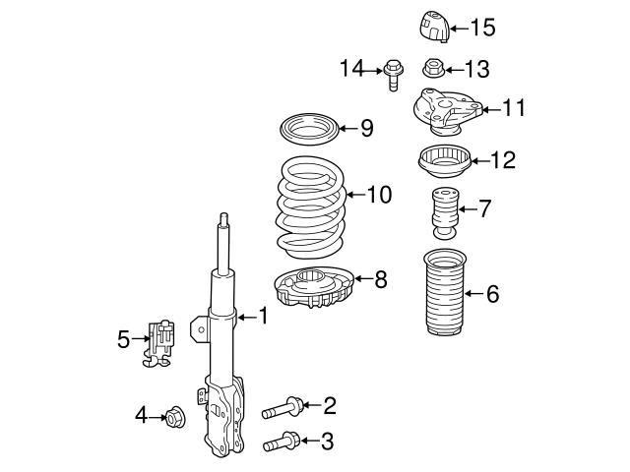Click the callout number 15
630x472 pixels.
coord(482,28)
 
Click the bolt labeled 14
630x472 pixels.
coord(392,72)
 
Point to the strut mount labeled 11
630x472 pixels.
coord(440,109)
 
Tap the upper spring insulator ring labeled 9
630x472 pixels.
coord(309,128)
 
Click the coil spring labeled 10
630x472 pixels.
coord(307,203)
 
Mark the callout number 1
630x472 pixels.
coord(263,316)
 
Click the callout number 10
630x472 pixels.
coord(379,194)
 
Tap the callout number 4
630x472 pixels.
coord(140,417)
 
